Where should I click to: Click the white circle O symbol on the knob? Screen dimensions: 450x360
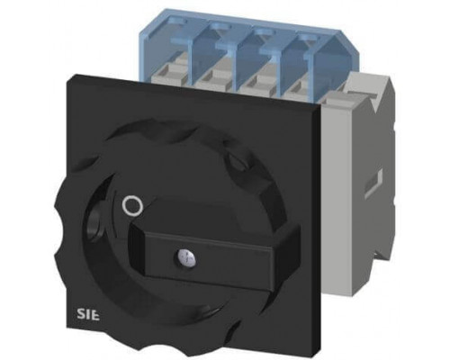[132, 206]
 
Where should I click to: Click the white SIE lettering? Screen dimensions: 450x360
[87, 315]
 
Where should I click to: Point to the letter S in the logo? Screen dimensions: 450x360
[79, 315]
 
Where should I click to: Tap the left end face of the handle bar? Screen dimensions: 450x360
[137, 250]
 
